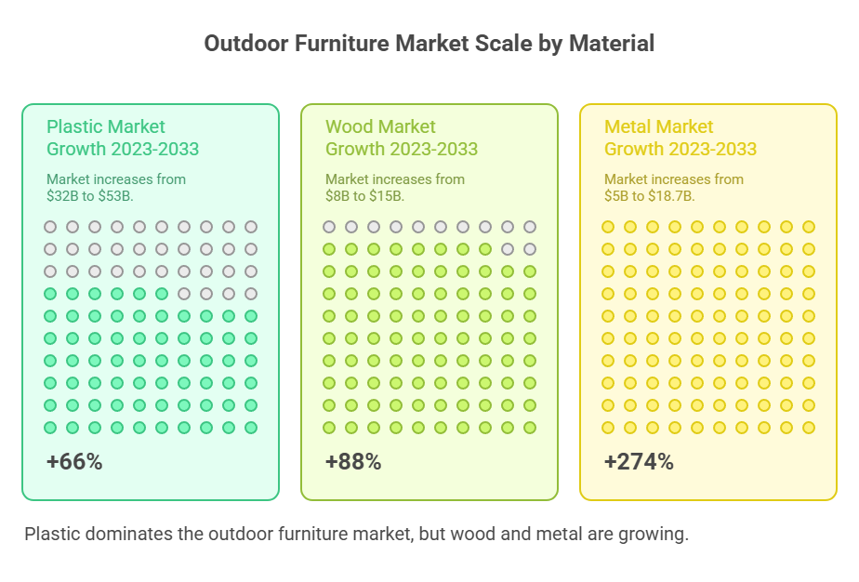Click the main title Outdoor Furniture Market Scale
point(429,44)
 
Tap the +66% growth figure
point(74,462)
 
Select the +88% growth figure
point(353,462)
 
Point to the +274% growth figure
point(639,462)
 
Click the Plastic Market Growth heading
point(122,138)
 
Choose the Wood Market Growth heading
point(401,138)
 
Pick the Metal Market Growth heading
point(680,138)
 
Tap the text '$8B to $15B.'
point(364,196)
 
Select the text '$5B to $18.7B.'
point(649,196)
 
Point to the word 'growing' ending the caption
point(656,535)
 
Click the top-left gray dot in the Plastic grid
point(50,227)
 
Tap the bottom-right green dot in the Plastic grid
point(251,428)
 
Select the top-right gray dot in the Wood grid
point(530,227)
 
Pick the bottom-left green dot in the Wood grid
point(329,428)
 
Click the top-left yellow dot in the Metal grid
point(608,227)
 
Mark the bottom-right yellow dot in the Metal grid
point(809,428)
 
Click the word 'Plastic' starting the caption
point(50,535)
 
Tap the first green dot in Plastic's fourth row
point(50,294)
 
